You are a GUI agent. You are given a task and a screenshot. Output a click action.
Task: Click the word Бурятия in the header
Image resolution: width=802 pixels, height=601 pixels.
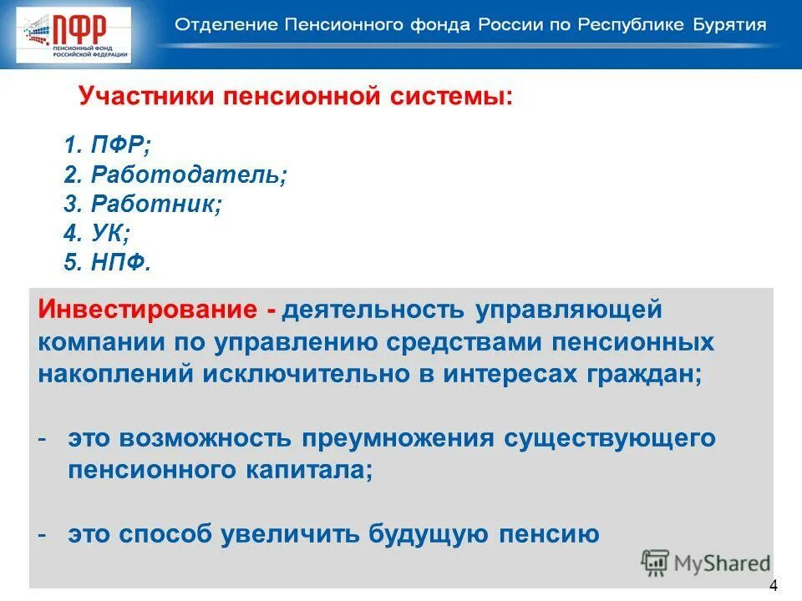click(x=728, y=24)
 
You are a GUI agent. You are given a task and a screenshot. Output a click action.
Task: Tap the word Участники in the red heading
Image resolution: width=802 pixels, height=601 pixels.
click(x=146, y=96)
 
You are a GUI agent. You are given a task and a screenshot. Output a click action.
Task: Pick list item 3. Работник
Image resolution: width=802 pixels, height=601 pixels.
click(x=143, y=205)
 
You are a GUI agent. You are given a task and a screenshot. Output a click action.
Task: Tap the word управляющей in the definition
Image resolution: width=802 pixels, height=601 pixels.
click(x=569, y=311)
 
